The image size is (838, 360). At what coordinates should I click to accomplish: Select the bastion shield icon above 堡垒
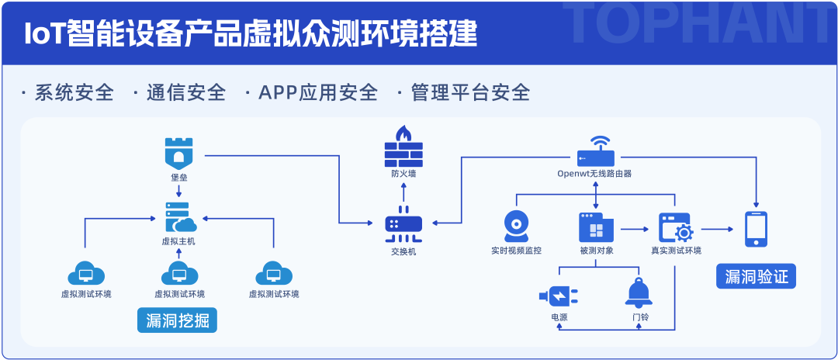coord(179,153)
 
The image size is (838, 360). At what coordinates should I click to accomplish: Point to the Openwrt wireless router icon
coord(595,152)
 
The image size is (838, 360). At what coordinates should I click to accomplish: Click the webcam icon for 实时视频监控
coord(516,227)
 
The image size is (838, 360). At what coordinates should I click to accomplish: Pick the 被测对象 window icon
coord(596,227)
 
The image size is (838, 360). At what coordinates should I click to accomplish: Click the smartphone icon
coord(757,229)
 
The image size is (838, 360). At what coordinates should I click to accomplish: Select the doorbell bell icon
coord(639,292)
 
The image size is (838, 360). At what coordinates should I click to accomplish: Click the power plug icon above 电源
coord(559,296)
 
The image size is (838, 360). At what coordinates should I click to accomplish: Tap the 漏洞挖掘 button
coord(178,320)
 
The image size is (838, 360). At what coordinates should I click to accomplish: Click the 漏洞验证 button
coord(757,276)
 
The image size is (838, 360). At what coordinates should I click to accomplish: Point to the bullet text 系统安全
coord(74,92)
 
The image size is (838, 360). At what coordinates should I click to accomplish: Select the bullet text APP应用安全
coord(318,92)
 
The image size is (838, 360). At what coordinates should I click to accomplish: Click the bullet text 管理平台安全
coord(471,92)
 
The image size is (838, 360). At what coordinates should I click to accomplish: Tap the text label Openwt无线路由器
coord(594,174)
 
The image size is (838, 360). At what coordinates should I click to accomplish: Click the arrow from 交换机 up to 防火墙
coord(403,191)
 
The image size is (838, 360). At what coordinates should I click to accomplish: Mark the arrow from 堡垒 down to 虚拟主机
coord(179,190)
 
